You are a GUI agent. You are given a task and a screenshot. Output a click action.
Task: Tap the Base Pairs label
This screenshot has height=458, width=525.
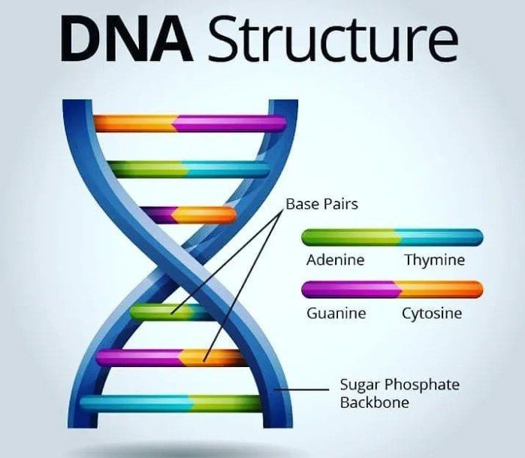(x=321, y=205)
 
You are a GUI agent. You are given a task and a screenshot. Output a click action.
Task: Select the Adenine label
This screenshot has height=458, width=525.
(x=336, y=260)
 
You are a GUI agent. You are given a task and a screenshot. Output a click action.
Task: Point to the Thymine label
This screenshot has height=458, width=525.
(x=435, y=260)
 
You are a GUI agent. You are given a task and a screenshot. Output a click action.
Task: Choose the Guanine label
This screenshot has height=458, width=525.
(x=336, y=314)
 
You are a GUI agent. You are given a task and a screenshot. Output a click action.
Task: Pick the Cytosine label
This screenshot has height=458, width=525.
(x=432, y=314)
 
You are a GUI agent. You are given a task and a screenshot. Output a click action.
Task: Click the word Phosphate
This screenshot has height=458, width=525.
(x=422, y=385)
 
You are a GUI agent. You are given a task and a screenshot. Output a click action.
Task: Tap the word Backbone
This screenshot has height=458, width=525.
(x=374, y=402)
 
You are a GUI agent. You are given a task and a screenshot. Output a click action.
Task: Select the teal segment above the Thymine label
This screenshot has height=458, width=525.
(x=439, y=238)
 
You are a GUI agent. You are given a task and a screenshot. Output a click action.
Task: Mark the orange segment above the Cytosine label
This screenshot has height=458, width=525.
(x=439, y=290)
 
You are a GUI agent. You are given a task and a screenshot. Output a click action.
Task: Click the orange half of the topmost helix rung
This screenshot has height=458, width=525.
(x=134, y=123)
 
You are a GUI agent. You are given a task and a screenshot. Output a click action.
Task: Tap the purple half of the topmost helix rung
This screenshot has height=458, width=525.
(x=229, y=123)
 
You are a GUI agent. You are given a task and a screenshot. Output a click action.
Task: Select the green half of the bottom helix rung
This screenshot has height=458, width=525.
(x=225, y=403)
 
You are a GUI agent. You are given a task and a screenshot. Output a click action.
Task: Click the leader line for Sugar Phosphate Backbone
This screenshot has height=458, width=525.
(x=301, y=390)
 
